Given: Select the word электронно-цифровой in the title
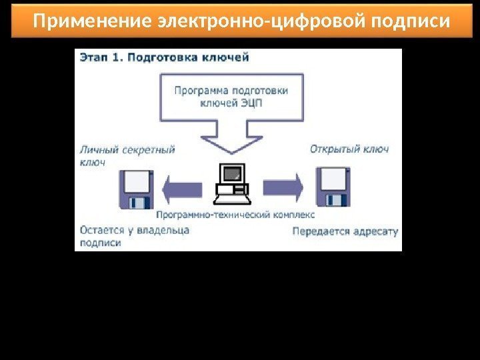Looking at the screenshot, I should [257, 22].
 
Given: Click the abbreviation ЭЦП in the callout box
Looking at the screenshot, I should [274, 103].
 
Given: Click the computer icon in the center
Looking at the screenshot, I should [231, 184].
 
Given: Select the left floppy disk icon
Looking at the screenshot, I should [137, 189].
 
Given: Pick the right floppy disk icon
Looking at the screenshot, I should [332, 187].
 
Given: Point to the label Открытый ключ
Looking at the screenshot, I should [349, 149].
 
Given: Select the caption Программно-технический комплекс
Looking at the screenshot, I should [235, 215].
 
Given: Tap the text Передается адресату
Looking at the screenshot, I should [345, 232].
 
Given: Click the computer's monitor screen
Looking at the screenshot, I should [232, 174].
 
